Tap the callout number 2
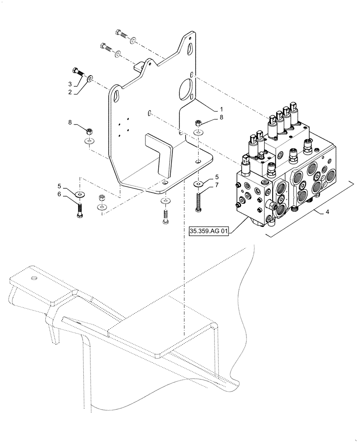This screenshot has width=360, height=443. pyautogui.click(x=70, y=92)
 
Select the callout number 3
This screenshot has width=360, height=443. pyautogui.click(x=70, y=84)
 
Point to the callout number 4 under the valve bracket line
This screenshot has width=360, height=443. pyautogui.click(x=327, y=212)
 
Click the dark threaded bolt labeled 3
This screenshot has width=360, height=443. pyautogui.click(x=78, y=72)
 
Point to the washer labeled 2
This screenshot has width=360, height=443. pyautogui.click(x=90, y=79)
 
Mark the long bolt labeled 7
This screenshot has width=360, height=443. pyautogui.click(x=197, y=200)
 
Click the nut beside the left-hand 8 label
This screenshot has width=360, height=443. pyautogui.click(x=89, y=132)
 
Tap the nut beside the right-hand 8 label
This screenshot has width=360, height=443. pyautogui.click(x=198, y=123)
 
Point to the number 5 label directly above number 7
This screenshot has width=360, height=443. pyautogui.click(x=217, y=177)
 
